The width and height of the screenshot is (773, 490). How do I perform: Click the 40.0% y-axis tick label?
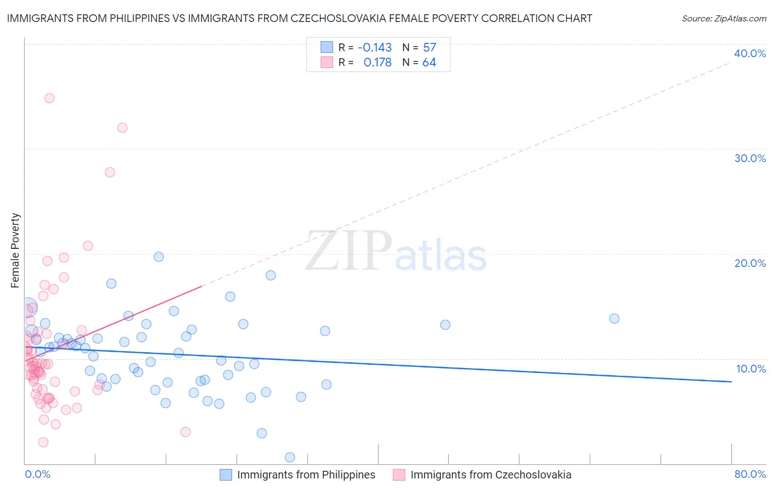(749, 53)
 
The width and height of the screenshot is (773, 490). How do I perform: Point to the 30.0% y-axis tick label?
(749, 158)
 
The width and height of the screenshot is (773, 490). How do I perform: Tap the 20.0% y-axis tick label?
(749, 263)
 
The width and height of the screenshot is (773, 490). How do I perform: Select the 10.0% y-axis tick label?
(750, 369)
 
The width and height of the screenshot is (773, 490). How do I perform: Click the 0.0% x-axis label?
(37, 474)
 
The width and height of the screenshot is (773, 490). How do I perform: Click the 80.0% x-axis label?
(750, 474)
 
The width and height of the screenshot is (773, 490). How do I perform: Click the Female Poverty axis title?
(15, 250)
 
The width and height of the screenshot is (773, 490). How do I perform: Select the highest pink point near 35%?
(49, 98)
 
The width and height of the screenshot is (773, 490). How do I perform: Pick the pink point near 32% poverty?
(122, 128)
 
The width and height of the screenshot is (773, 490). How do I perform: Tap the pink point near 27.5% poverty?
(110, 172)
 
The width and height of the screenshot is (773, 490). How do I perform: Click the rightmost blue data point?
(614, 319)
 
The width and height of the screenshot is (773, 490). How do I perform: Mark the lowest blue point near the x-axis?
(290, 458)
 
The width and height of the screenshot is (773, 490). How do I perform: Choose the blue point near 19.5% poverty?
(159, 257)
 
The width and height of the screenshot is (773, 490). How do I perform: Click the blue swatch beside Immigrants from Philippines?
(225, 475)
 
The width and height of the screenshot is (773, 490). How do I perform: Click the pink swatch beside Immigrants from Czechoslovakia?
(399, 475)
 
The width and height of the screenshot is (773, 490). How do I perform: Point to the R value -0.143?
(374, 47)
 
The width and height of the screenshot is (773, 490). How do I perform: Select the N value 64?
(429, 63)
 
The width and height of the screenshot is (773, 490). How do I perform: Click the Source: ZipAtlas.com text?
(724, 19)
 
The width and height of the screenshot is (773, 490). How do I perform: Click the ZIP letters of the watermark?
(348, 251)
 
